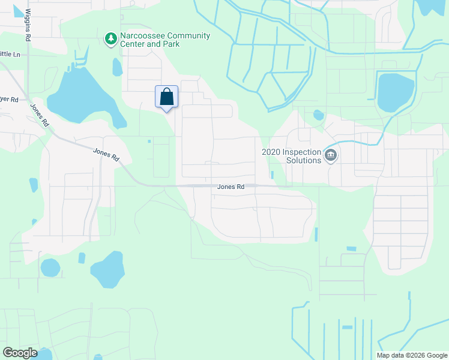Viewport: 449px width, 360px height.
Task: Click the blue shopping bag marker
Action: point(166,97)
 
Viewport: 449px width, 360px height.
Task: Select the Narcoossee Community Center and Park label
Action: point(164,40)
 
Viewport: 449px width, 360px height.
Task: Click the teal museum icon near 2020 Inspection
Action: point(330,156)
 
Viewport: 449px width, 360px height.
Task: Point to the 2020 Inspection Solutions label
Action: point(291,156)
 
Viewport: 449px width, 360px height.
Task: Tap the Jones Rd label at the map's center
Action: point(231,187)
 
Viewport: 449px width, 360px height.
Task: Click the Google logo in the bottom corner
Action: point(20,353)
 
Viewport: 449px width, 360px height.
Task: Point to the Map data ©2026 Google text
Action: point(411,355)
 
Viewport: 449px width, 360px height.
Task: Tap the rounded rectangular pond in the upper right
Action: point(396,91)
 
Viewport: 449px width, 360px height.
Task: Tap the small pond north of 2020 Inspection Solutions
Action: point(318,115)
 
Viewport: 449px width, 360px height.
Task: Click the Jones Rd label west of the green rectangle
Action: point(107,153)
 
